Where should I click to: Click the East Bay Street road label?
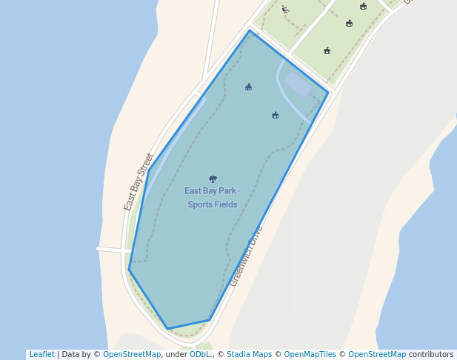(139, 182)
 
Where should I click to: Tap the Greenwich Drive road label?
(246, 256)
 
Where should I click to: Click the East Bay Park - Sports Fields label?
(212, 197)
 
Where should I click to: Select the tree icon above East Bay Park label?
(213, 179)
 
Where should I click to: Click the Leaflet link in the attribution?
(41, 354)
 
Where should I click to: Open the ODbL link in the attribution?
(200, 354)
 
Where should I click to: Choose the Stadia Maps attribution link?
(249, 354)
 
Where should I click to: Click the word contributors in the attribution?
(430, 354)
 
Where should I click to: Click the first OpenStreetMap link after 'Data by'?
(132, 354)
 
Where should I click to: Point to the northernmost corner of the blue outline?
(250, 30)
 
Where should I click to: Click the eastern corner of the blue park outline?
(328, 93)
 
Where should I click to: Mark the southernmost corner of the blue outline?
(168, 328)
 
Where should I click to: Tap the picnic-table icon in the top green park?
(285, 10)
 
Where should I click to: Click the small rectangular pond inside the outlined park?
(298, 84)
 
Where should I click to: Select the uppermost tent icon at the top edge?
(363, 6)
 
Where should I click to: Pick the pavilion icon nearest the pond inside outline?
(275, 115)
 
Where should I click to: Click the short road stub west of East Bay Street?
(109, 250)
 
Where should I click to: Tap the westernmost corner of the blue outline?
(129, 270)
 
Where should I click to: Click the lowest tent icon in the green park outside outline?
(327, 50)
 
